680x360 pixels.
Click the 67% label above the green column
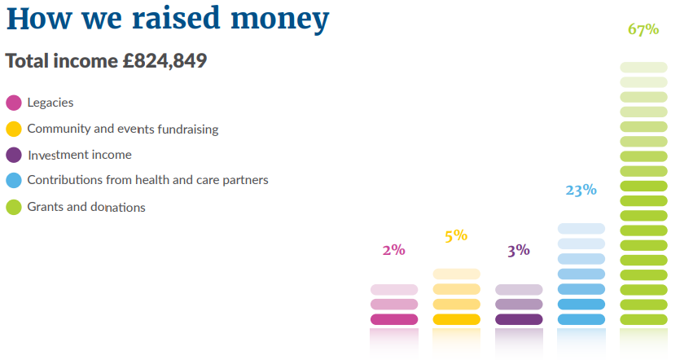coord(643,30)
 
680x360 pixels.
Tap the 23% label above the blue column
coord(581,190)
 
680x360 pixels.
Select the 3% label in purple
coord(518,250)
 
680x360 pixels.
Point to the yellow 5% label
coord(456,236)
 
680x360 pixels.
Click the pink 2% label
coord(393,250)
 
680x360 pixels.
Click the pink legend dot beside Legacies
coord(14,103)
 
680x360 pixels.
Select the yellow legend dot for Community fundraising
coord(14,129)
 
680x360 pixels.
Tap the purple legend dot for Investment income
coord(14,155)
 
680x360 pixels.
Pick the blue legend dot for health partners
coord(14,181)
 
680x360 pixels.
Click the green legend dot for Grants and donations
coord(14,207)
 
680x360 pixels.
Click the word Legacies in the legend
coord(50,103)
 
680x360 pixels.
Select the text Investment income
coord(79,155)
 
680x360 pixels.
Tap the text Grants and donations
coord(86,207)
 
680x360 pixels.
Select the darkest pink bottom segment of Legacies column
coord(394,319)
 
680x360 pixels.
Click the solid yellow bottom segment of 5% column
coord(456,319)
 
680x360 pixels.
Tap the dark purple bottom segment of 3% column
coord(519,319)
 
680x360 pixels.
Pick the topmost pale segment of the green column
coord(643,67)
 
